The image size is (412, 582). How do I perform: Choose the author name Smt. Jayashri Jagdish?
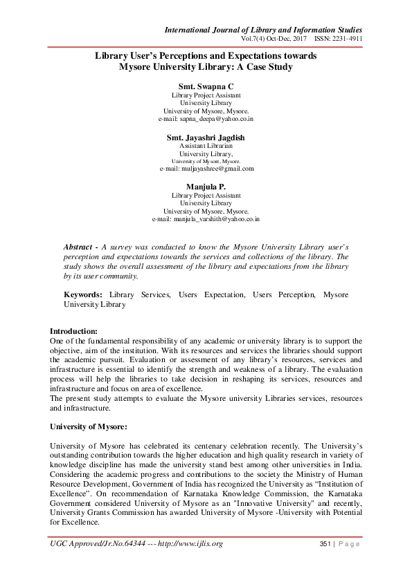click(206, 138)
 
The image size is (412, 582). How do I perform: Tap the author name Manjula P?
click(206, 187)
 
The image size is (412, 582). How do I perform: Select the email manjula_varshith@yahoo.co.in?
click(206, 219)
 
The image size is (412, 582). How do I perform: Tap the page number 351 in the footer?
click(326, 544)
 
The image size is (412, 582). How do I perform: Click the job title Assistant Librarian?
click(206, 147)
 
